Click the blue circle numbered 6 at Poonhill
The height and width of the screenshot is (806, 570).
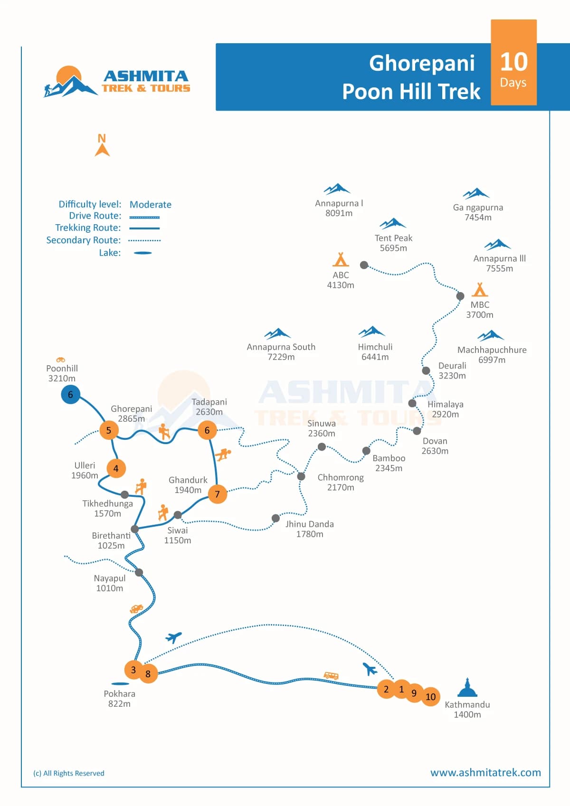coord(70,395)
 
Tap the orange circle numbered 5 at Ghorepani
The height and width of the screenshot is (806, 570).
coord(109,430)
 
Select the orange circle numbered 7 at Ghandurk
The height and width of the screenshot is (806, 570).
coord(218,494)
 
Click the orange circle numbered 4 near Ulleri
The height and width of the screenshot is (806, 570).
coord(116,468)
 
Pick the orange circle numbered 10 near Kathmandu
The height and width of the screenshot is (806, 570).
coord(430,697)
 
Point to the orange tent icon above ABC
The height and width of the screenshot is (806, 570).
coord(340,259)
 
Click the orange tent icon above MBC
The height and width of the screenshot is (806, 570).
coord(479,289)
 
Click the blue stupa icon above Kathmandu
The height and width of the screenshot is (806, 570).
coord(467,687)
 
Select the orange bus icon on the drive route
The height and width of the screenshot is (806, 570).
coord(331,675)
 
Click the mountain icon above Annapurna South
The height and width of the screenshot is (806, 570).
coord(277,333)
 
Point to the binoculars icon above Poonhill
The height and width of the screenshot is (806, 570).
coord(60,360)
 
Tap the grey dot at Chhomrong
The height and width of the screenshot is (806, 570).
coord(301,476)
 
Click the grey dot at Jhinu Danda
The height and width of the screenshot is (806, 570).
coord(275,518)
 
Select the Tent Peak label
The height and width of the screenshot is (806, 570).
coord(393,238)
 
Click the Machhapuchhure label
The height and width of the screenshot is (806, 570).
coord(492,350)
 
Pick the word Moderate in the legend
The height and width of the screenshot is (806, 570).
coord(150,205)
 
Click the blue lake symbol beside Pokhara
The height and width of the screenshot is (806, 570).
coord(120,684)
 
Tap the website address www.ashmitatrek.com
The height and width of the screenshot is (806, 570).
coord(485,773)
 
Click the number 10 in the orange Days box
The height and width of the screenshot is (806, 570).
coord(513,62)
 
